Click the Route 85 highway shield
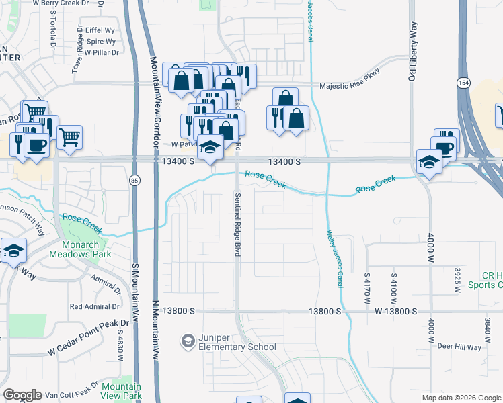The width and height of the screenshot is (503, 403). [135, 181]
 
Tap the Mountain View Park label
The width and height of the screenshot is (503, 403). [121, 391]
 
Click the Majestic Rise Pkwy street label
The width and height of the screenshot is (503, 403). [350, 81]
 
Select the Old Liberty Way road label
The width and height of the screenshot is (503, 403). [414, 50]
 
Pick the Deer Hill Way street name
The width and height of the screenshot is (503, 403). [459, 347]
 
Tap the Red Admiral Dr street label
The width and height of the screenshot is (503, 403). [95, 306]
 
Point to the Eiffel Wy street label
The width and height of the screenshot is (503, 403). [100, 30]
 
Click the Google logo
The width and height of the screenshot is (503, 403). [23, 395]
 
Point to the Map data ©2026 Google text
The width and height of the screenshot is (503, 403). [461, 398]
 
